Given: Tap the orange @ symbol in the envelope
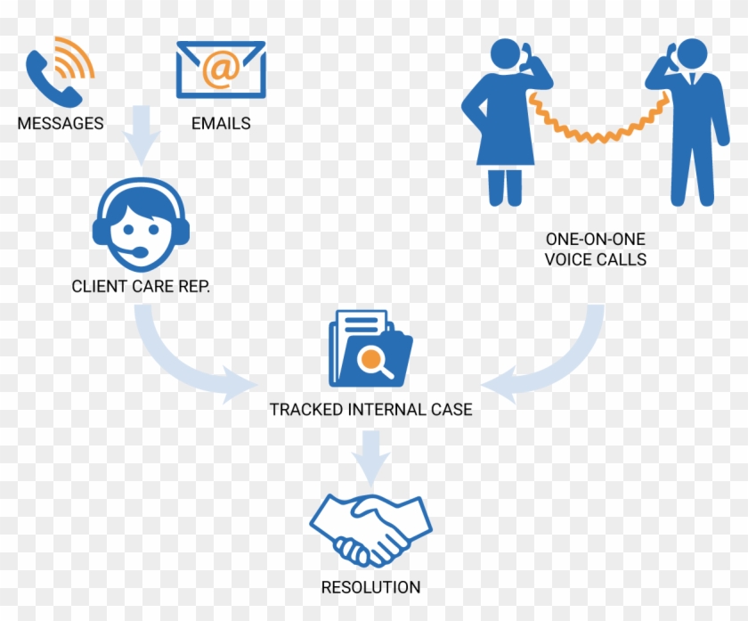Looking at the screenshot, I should click(x=220, y=69).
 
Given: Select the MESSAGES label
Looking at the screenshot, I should click(x=61, y=124).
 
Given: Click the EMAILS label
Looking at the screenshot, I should click(x=221, y=124).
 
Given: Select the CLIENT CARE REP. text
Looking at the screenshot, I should click(x=141, y=287).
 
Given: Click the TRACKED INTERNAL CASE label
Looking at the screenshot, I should click(x=370, y=411).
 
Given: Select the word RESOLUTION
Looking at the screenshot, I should click(x=370, y=587).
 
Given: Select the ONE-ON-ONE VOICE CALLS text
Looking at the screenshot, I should click(x=596, y=249).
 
